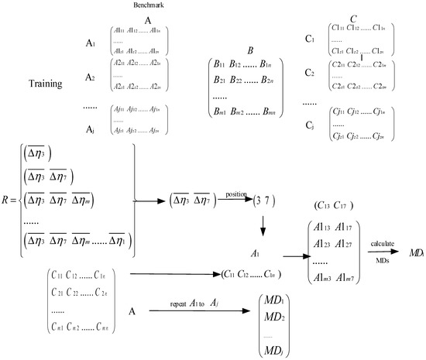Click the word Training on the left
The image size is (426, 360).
pyautogui.click(x=50, y=83)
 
